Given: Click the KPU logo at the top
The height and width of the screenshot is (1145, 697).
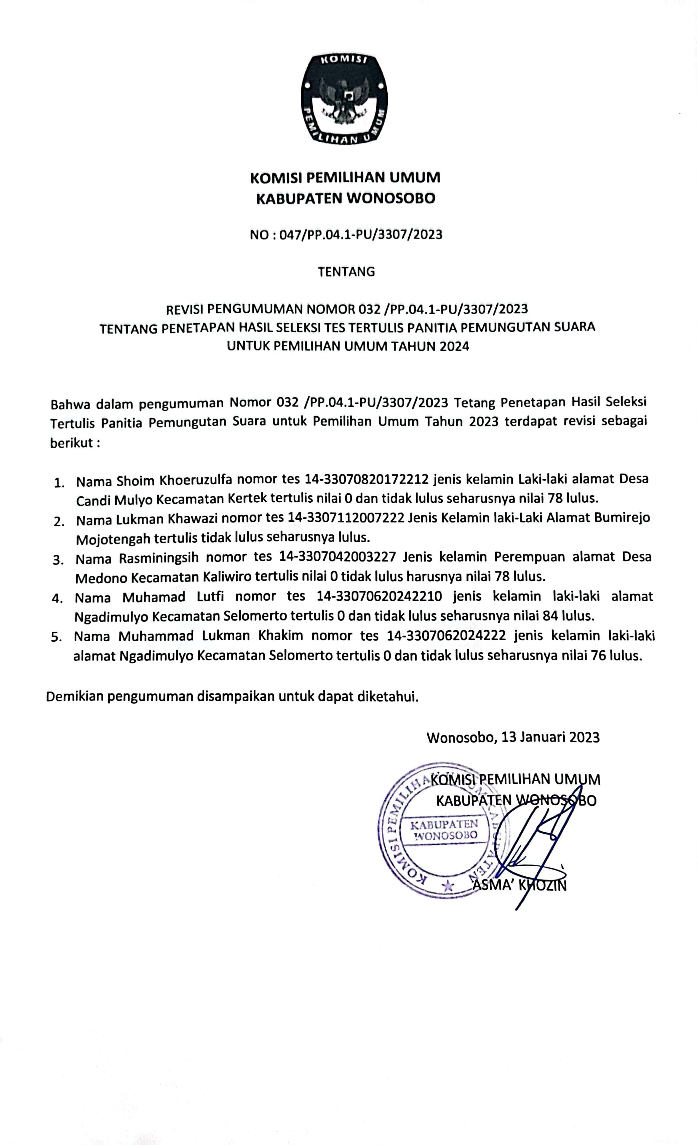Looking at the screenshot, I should coord(344,99).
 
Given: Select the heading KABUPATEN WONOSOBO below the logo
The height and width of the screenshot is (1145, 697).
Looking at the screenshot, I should coord(346,199).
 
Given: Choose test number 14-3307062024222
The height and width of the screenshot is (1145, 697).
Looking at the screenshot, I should coord(446,636).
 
